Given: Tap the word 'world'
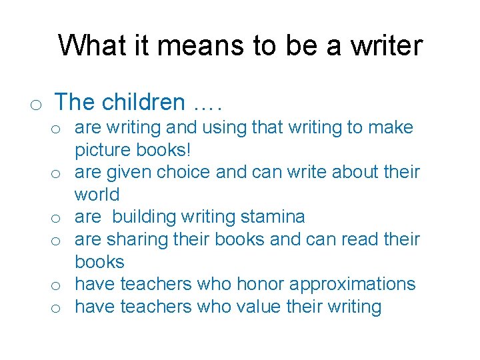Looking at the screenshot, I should click(x=97, y=195).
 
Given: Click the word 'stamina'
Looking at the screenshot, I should click(x=273, y=217).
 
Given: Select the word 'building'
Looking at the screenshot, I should click(x=143, y=217).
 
